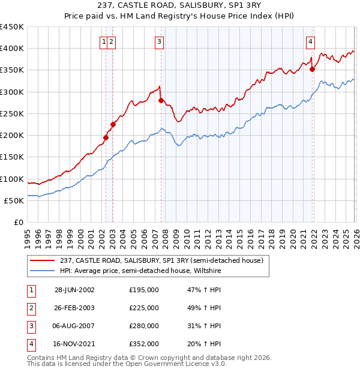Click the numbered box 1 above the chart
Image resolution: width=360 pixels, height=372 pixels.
pyautogui.click(x=104, y=41)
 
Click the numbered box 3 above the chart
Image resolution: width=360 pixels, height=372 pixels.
pyautogui.click(x=159, y=41)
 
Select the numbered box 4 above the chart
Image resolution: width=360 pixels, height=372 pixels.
pyautogui.click(x=310, y=41)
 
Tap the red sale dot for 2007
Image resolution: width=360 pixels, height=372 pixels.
pyautogui.click(x=161, y=101)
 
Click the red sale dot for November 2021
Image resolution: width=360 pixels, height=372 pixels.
pyautogui.click(x=312, y=70)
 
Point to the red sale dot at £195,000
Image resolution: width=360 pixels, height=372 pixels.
pyautogui.click(x=106, y=137)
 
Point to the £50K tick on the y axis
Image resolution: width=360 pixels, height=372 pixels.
pyautogui.click(x=14, y=200)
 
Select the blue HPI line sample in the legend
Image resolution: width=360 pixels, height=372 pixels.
pyautogui.click(x=44, y=270)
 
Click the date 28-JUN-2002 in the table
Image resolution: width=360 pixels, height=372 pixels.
pyautogui.click(x=74, y=289)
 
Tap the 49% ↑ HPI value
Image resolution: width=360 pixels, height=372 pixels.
pyautogui.click(x=205, y=308)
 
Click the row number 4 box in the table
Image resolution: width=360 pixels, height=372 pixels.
pyautogui.click(x=31, y=344)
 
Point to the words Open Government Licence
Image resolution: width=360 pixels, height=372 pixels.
pyautogui.click(x=180, y=364)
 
